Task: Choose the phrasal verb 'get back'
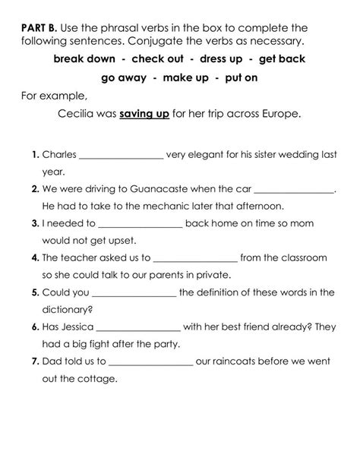[x=283, y=58]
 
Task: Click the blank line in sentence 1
[x=121, y=156]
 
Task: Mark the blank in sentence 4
[x=195, y=259]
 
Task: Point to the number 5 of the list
[x=35, y=292]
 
